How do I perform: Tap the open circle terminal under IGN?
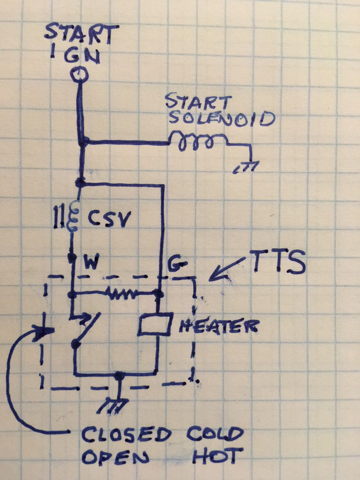79,74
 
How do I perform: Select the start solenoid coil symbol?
197,142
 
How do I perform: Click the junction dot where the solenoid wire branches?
85,142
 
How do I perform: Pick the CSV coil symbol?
73,219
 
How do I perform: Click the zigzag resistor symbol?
123,294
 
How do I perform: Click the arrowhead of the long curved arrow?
43,332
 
